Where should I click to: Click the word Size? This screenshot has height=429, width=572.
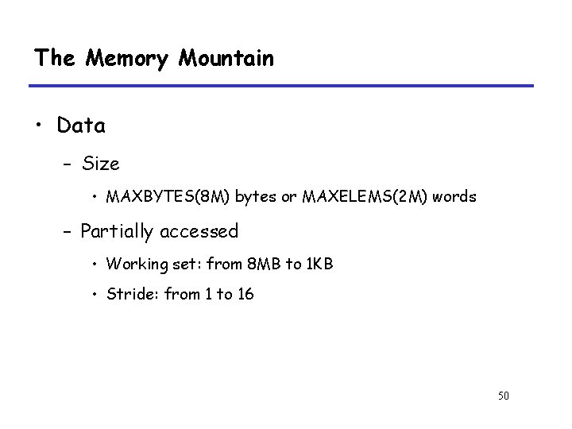click(100, 164)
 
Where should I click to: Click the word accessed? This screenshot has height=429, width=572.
click(199, 231)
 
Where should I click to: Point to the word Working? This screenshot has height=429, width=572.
click(133, 263)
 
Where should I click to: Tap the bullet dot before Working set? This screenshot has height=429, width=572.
click(95, 264)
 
